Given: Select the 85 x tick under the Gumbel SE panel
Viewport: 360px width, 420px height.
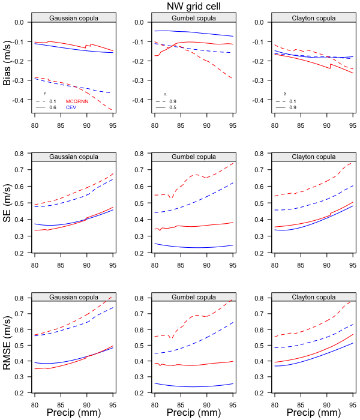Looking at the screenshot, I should point(181,262).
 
